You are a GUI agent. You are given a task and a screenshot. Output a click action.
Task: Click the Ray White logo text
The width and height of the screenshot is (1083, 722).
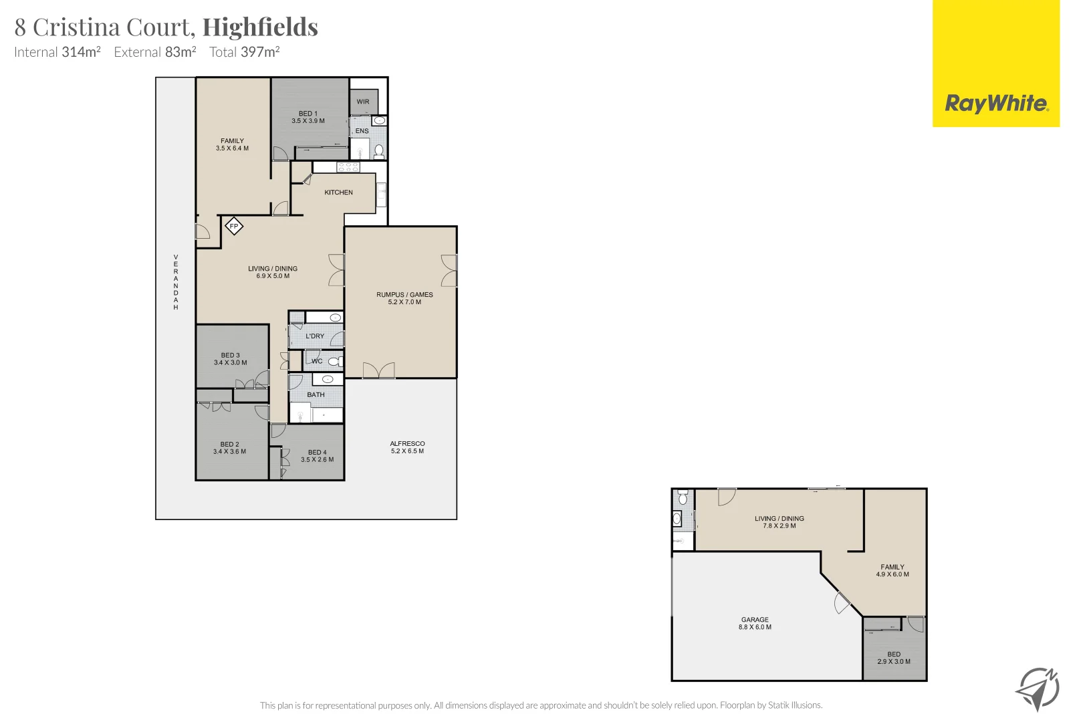click(995, 104)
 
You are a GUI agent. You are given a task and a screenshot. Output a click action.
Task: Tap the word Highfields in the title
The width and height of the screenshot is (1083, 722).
click(260, 27)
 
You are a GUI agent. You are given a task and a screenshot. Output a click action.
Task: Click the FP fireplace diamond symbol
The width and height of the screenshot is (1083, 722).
click(234, 227)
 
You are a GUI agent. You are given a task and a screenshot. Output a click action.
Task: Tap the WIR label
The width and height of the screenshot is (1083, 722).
click(363, 102)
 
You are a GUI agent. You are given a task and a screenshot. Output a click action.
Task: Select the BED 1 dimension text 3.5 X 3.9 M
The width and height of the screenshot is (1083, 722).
click(308, 122)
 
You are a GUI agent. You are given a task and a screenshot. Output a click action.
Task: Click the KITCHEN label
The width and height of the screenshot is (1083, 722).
click(338, 193)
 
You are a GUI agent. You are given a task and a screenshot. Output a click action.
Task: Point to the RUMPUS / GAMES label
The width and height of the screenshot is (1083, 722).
click(404, 295)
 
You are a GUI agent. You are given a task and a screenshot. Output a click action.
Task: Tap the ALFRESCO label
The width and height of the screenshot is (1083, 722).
click(407, 444)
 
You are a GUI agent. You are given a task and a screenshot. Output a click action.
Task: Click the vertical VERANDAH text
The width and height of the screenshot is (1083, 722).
click(176, 282)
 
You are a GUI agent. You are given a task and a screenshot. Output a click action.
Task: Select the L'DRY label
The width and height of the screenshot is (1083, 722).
click(315, 336)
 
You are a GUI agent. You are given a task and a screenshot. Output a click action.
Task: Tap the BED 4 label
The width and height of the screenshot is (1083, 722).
click(318, 453)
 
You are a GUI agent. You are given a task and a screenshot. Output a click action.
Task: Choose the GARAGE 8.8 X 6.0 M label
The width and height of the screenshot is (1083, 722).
click(755, 624)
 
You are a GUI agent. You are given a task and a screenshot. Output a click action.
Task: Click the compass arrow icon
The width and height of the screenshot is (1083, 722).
click(1037, 689)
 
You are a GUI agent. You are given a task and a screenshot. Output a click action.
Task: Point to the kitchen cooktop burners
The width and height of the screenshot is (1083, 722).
click(348, 167)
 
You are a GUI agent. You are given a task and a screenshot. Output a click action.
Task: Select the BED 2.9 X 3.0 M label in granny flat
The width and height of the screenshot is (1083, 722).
click(894, 658)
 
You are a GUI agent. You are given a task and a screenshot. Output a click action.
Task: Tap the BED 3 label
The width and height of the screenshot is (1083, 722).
click(230, 356)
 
